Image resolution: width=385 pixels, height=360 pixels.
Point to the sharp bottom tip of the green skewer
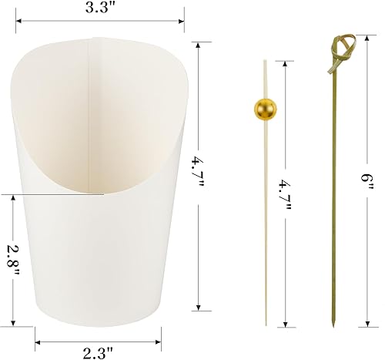[x=336, y=326]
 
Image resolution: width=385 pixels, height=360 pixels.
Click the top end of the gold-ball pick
[x=260, y=51]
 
